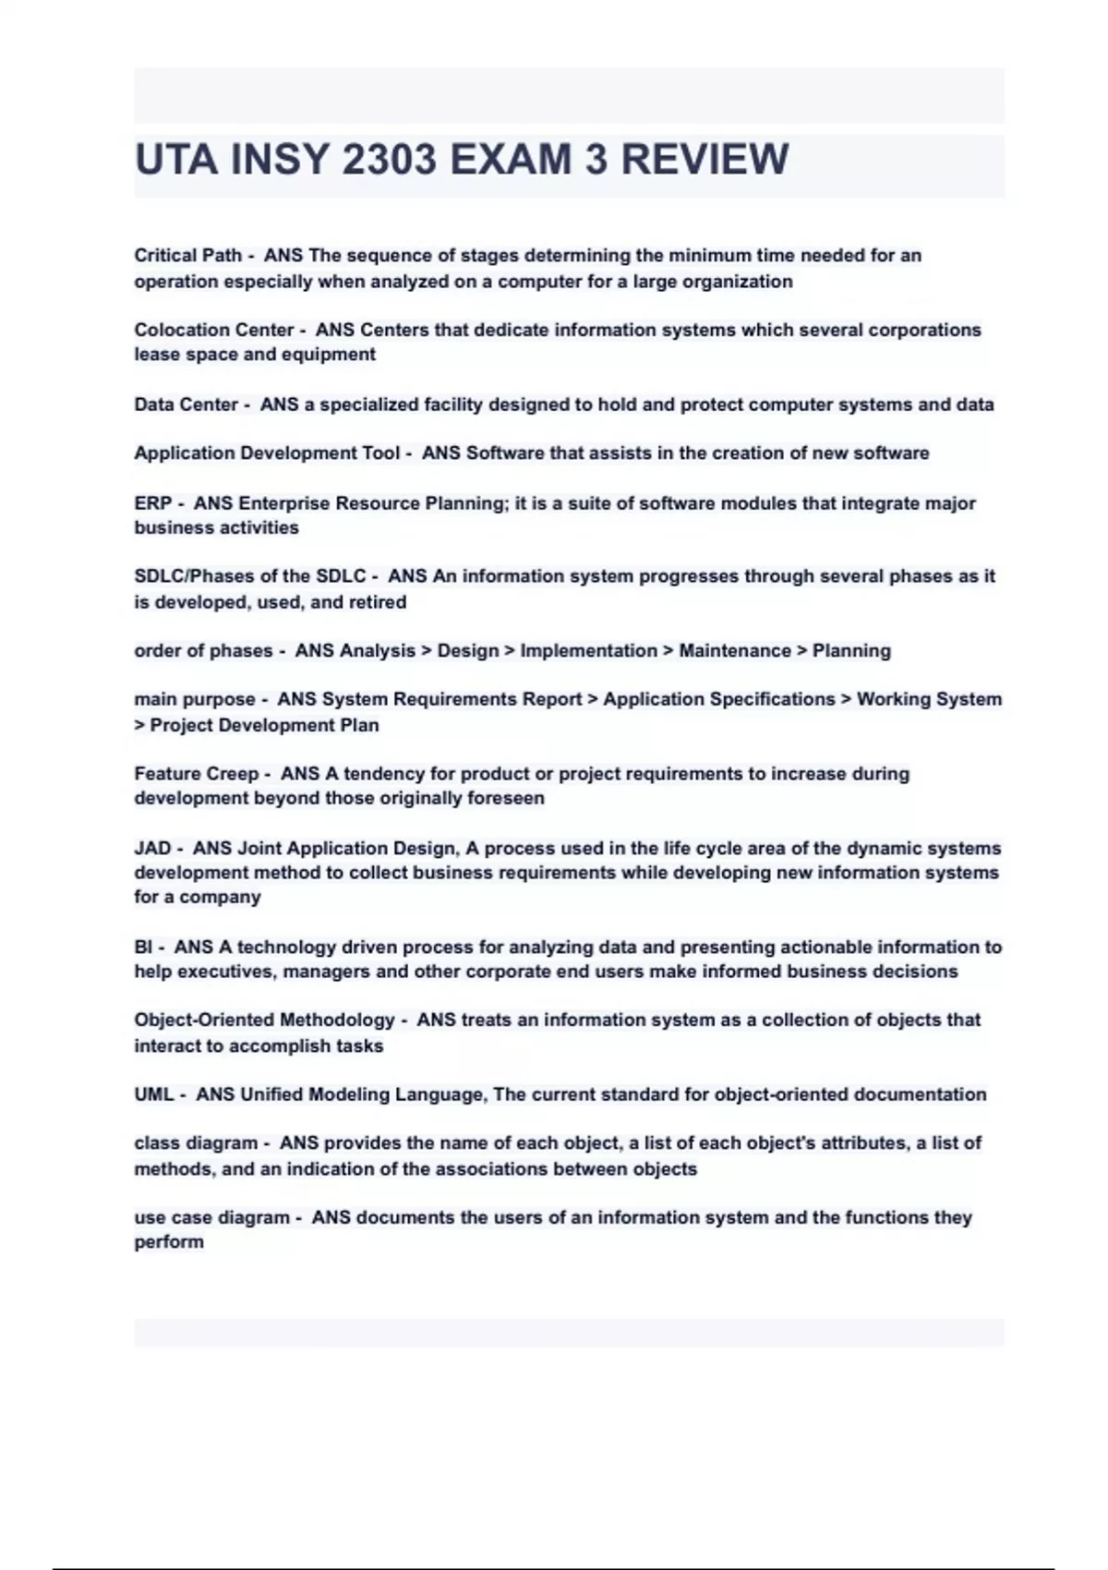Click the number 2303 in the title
[388, 160]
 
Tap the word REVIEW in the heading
[705, 160]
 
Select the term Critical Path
[187, 256]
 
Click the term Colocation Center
[213, 330]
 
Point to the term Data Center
[186, 405]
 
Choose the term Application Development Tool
[267, 453]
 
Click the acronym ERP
[152, 503]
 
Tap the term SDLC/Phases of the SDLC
[250, 576]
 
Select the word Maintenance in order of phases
[735, 651]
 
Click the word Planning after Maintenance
[851, 651]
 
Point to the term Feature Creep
[196, 774]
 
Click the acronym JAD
[152, 848]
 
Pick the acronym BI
[144, 947]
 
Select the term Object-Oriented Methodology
[264, 1020]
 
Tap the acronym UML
[153, 1094]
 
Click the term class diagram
[196, 1143]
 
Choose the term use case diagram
[211, 1217]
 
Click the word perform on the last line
[169, 1242]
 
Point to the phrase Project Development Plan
[264, 725]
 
